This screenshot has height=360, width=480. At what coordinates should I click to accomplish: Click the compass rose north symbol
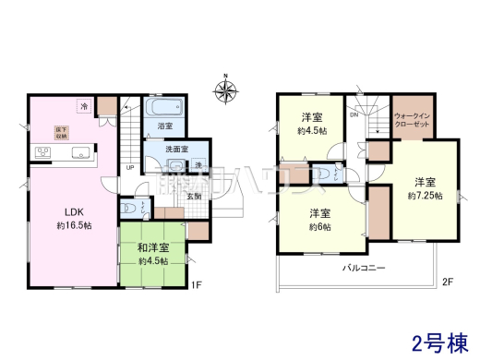coord(224,90)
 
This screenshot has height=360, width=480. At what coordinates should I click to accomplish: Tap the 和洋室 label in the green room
coord(152,246)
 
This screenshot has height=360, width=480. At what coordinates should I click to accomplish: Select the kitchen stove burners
coord(42,151)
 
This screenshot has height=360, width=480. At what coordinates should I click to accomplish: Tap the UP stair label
coord(129,168)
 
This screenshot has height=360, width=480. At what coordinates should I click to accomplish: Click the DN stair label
coord(353,116)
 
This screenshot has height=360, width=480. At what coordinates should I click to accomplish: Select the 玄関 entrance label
coord(196,195)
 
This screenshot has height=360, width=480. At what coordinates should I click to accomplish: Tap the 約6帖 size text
coord(318,226)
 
